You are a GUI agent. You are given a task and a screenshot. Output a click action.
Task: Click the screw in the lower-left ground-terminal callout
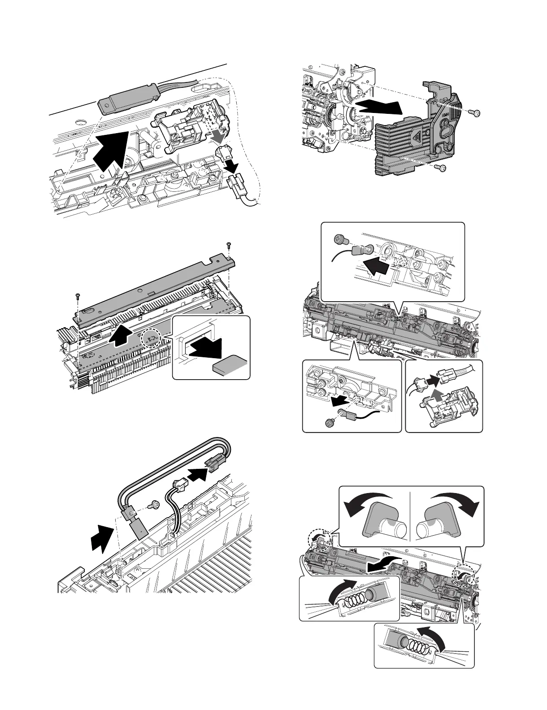tap(330, 422)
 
